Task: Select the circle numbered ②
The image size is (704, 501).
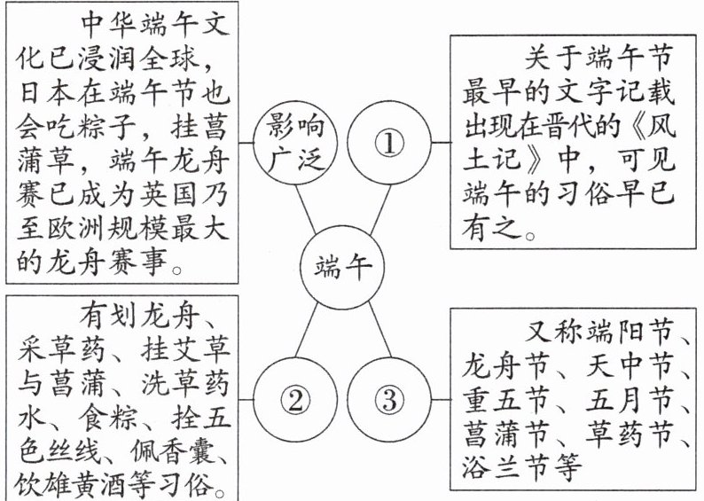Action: (295, 402)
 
